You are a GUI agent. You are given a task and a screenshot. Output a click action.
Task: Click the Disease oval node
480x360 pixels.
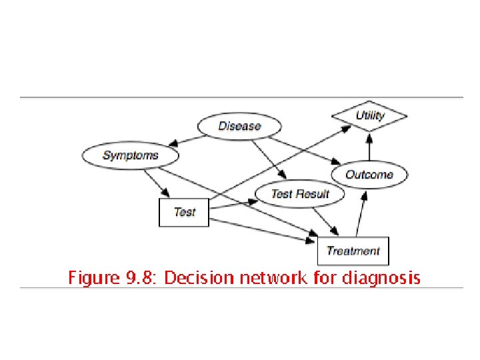pos(239,126)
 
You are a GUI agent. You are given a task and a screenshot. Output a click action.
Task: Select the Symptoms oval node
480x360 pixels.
pos(131,155)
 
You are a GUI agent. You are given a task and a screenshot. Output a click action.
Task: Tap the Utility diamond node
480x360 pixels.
pos(369,115)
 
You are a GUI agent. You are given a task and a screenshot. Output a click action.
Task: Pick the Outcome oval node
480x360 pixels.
pos(369,175)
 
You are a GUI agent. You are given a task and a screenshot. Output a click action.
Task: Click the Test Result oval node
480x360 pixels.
pos(300,194)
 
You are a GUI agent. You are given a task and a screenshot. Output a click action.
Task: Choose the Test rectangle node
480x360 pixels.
pos(184,212)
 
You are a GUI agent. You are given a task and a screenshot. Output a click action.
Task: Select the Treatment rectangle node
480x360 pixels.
pos(353,251)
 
